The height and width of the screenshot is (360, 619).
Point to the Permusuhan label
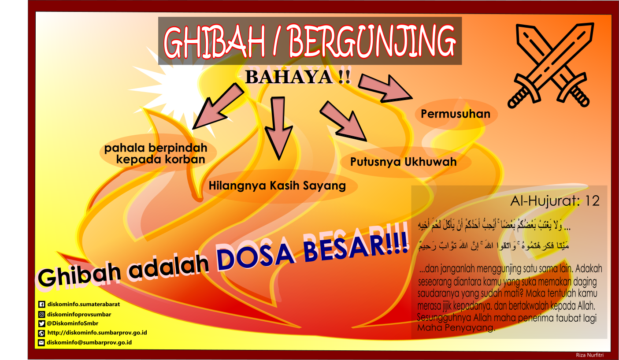click(456, 114)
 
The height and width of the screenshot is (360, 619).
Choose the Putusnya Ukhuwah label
click(403, 162)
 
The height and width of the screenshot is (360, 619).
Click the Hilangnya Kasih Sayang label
click(277, 186)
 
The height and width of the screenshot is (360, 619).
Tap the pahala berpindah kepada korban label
click(155, 153)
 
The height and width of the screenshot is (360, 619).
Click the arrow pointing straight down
click(278, 126)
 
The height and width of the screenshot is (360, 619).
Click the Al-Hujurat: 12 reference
click(555, 201)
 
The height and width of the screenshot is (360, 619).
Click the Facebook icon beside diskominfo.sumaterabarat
click(42, 304)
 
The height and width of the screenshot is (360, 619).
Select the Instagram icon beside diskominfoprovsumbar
click(42, 315)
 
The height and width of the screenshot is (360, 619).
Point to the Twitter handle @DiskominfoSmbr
click(72, 323)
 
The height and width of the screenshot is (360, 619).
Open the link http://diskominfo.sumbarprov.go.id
click(97, 333)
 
